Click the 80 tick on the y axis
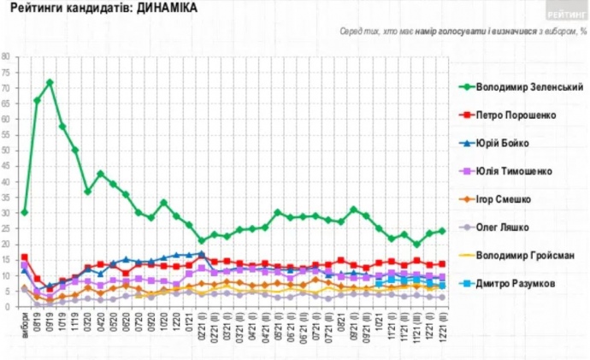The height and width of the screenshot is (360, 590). coord(7,57)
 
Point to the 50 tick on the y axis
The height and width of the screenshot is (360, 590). coord(7,150)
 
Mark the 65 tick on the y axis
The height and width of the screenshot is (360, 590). coord(7,103)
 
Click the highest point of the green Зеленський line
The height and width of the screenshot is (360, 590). coord(50,82)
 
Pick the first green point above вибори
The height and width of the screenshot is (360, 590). coord(25,212)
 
